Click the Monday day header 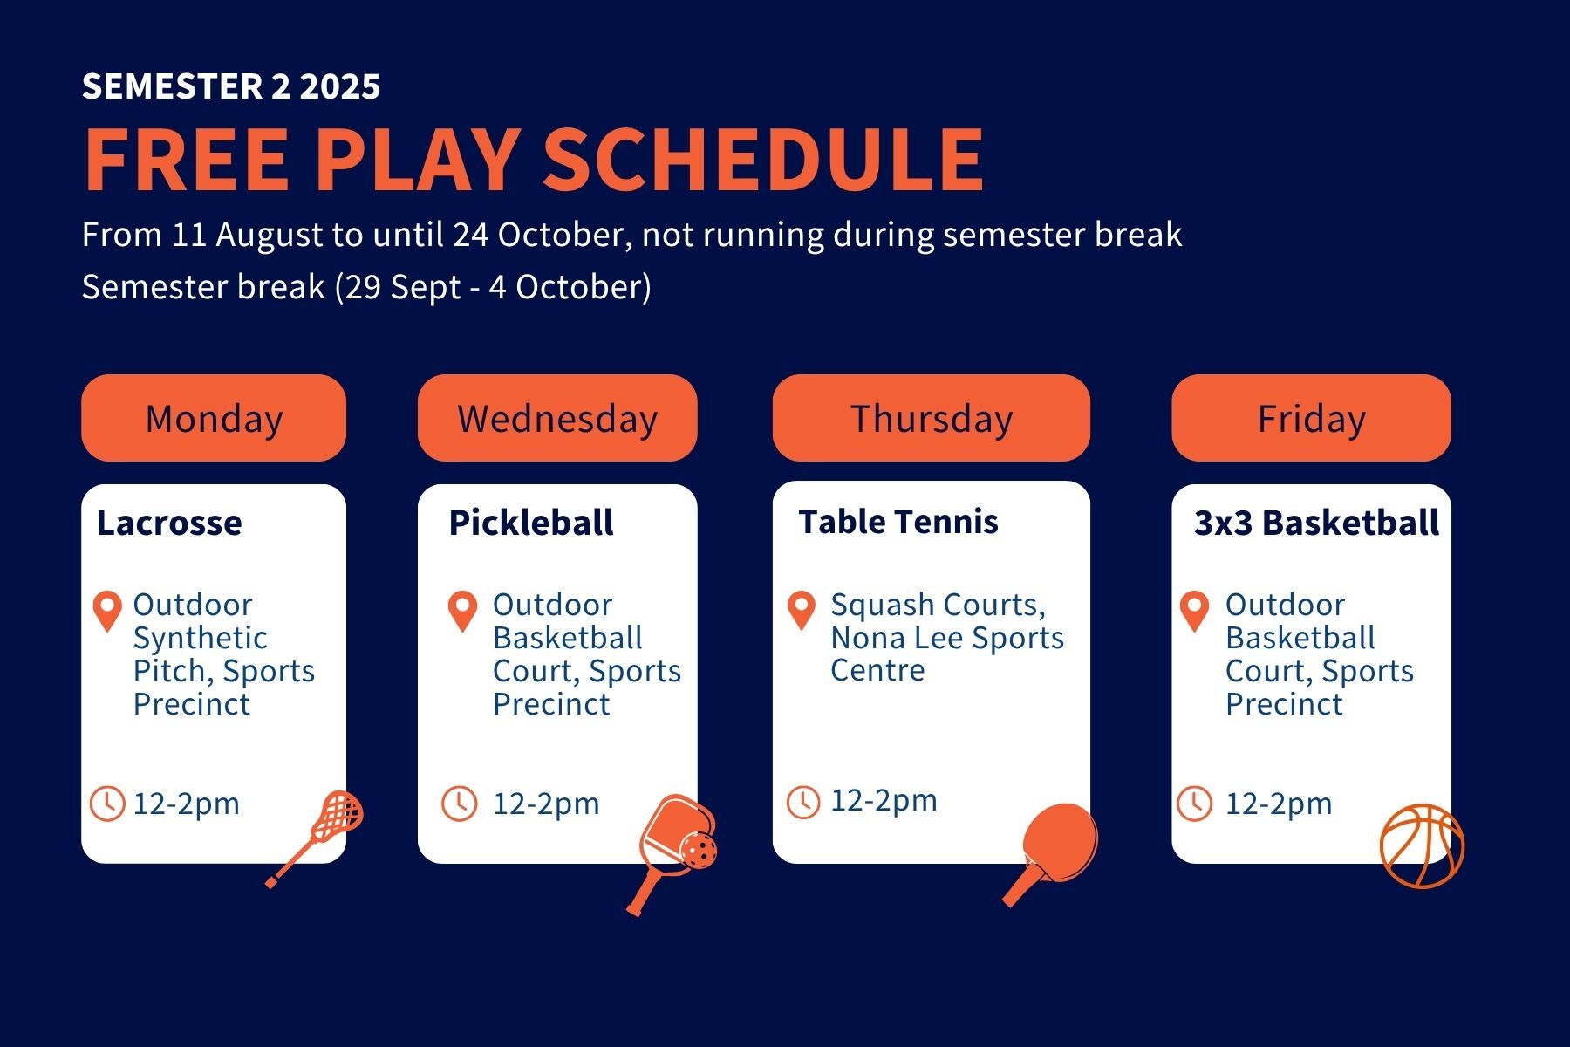click(214, 418)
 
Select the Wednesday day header click(557, 418)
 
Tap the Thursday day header click(932, 418)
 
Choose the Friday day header click(1311, 418)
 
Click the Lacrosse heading click(169, 523)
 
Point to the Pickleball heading click(531, 523)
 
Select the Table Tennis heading click(898, 522)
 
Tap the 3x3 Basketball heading click(1316, 523)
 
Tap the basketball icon click(1422, 846)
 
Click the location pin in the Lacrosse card click(107, 611)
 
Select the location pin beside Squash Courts click(801, 610)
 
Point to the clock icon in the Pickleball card click(459, 804)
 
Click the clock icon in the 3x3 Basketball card click(1195, 804)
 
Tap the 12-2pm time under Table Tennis click(884, 800)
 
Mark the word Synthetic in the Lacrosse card click(200, 639)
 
